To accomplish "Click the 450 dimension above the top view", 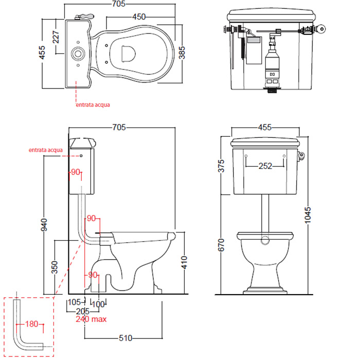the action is point(139,17).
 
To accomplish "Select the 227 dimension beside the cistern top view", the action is point(56,37).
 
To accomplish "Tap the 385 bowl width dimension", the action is point(182,52).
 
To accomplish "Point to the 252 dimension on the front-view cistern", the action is point(265,166).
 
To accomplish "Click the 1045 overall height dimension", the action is point(308,215).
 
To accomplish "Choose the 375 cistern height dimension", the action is point(221,166).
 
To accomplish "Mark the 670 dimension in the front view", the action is point(221,245).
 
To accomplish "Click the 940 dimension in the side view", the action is point(44,225).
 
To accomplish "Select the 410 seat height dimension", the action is point(184,262).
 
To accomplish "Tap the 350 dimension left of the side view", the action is point(55,267).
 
